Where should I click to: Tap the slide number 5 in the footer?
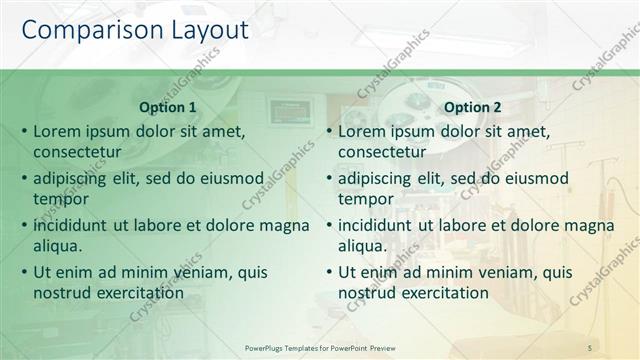click(x=590, y=346)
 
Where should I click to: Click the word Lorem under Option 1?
click(x=59, y=131)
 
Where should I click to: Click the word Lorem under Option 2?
click(x=364, y=131)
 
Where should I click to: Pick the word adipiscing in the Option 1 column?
click(x=73, y=179)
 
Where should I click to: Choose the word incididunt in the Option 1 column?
click(x=73, y=225)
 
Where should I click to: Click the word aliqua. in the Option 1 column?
click(x=57, y=246)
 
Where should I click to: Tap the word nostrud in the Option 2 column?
click(x=366, y=293)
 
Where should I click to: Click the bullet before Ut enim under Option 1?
click(x=22, y=272)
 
